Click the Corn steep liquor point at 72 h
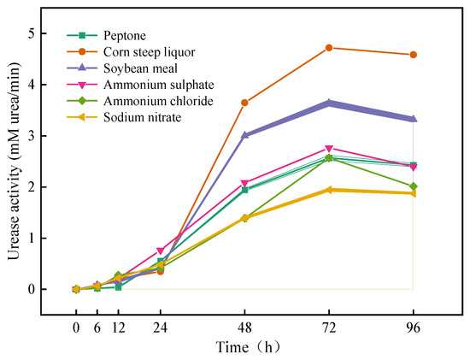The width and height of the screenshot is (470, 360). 329,48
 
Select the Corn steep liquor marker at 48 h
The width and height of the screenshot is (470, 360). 244,103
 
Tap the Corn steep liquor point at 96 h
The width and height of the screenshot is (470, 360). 414,55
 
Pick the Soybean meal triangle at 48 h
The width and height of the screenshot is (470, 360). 244,135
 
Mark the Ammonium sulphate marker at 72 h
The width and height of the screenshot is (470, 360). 329,149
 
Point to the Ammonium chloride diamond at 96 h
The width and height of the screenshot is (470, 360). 414,186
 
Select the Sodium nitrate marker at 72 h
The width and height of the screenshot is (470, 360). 329,190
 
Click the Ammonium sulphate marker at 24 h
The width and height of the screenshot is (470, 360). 161,251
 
